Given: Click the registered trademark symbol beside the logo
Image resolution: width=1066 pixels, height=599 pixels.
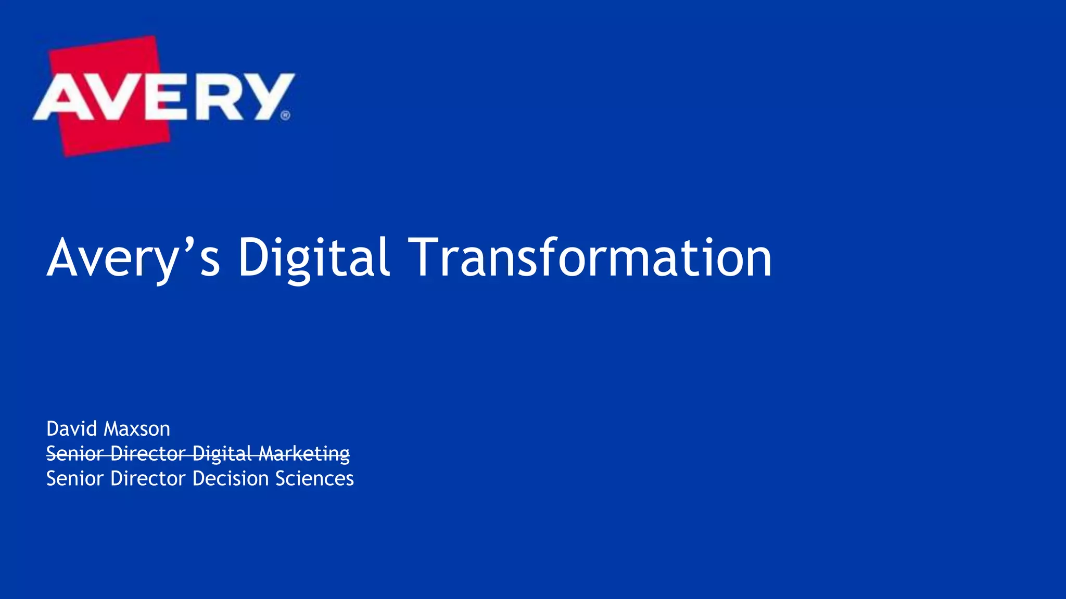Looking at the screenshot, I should pos(285,115).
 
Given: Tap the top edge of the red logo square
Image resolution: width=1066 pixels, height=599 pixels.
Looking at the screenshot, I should pos(102,45).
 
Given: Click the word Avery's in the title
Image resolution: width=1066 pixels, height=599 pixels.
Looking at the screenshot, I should pos(133,258).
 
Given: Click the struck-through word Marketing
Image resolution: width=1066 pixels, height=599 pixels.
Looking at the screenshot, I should pos(304,454).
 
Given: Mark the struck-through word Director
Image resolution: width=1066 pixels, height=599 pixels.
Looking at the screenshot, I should pos(148,454).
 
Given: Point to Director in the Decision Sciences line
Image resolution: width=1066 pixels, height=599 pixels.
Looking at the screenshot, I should pos(148,478).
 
